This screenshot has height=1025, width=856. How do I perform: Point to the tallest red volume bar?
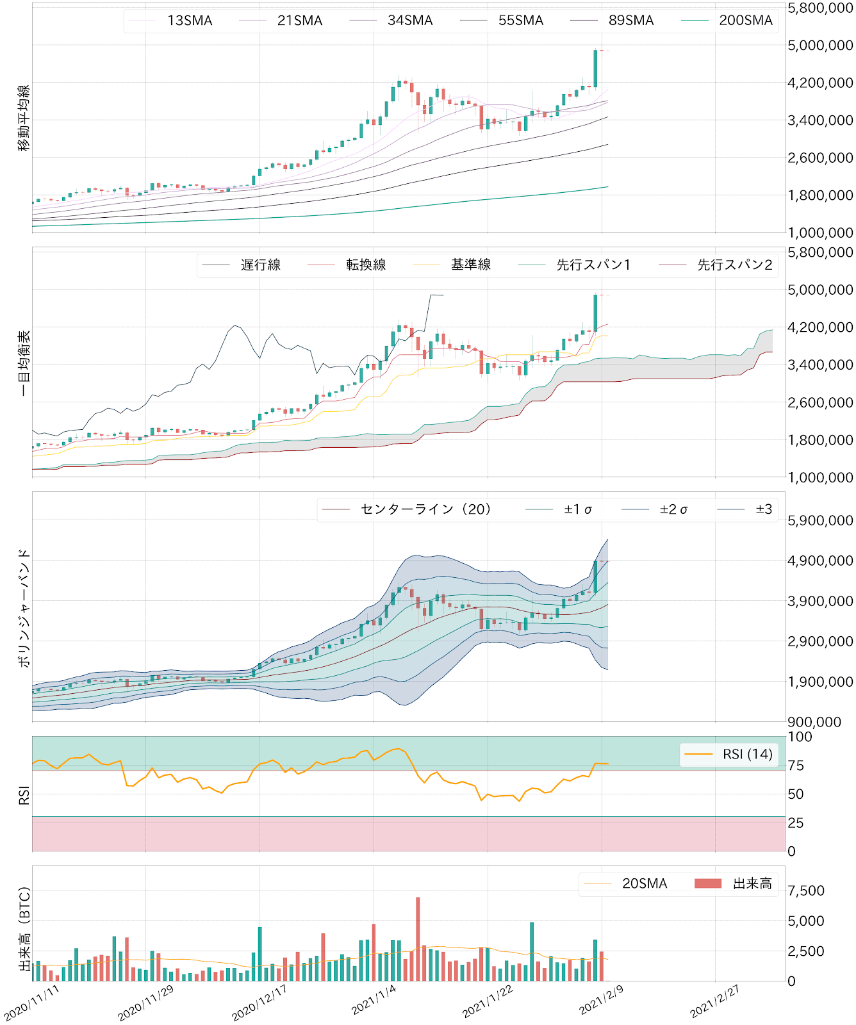(418, 939)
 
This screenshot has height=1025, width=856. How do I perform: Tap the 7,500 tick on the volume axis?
(806, 891)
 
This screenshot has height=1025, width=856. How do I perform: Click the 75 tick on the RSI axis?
(796, 766)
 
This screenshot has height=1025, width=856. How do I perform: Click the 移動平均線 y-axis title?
(24, 118)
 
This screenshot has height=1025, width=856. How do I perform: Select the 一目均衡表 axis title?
(24, 363)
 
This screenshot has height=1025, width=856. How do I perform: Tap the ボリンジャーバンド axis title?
(24, 607)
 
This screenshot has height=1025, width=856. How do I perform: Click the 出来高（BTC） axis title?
(24, 929)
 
